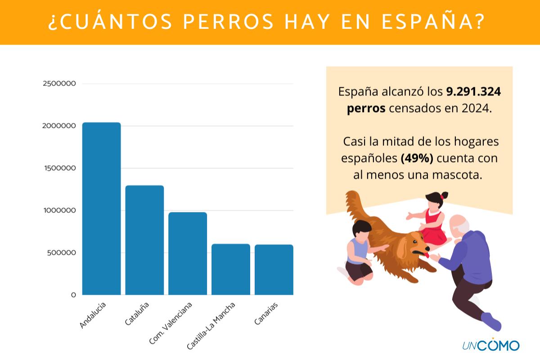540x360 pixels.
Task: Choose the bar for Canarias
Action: [274, 270]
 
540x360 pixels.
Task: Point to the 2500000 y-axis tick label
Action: [59, 84]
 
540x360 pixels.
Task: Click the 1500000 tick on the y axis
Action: [59, 168]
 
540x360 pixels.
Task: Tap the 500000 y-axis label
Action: [61, 252]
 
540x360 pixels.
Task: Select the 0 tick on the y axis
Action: [73, 295]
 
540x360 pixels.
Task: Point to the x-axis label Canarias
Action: [266, 314]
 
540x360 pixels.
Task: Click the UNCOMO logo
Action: [490, 345]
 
